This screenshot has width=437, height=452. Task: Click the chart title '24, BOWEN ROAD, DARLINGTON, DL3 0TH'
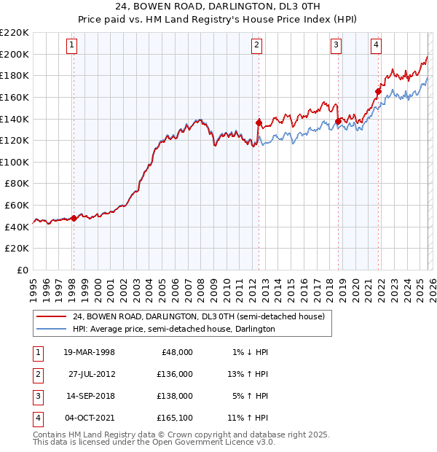(218, 7)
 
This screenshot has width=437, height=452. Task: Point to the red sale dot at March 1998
(74, 217)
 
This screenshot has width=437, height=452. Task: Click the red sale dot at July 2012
(259, 122)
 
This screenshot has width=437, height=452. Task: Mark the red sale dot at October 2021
(378, 91)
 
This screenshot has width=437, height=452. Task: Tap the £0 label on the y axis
(22, 270)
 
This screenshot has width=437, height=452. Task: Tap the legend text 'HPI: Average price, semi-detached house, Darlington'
(173, 329)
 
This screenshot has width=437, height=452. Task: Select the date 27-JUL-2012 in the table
(92, 373)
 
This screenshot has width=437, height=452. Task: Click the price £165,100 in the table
(173, 418)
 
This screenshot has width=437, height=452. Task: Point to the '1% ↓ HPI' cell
(250, 351)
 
